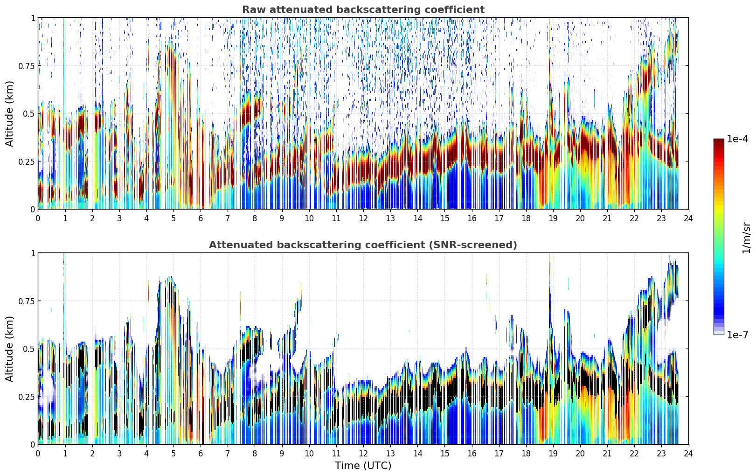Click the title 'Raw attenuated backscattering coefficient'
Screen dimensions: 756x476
[x=363, y=9]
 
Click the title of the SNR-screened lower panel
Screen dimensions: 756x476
[x=363, y=245]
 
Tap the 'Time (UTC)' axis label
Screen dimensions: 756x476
[x=363, y=466]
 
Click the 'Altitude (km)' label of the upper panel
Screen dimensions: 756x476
[x=9, y=113]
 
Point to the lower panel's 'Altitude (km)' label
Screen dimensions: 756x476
[x=9, y=349]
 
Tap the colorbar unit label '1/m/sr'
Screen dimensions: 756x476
[x=746, y=238]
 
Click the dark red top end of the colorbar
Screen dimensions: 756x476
[x=719, y=140]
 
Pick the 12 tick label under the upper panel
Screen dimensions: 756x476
[x=363, y=218]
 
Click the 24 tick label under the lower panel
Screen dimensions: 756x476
[x=688, y=454]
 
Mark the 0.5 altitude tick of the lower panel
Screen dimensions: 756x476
[x=29, y=349]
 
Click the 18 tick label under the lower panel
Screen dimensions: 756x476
[x=526, y=454]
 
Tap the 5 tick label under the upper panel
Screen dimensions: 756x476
[x=173, y=218]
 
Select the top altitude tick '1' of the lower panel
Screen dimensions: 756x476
[x=33, y=253]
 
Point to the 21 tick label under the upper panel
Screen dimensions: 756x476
[x=607, y=218]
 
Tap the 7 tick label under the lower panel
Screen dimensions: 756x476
[x=228, y=454]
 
